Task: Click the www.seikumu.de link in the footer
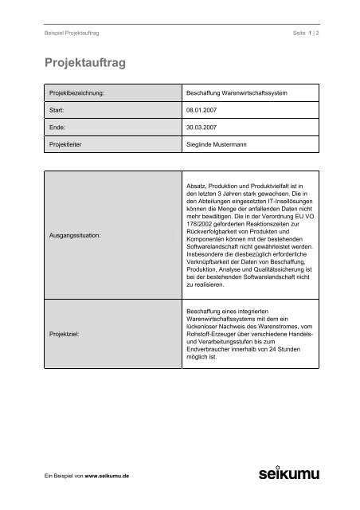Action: [x=109, y=476]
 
